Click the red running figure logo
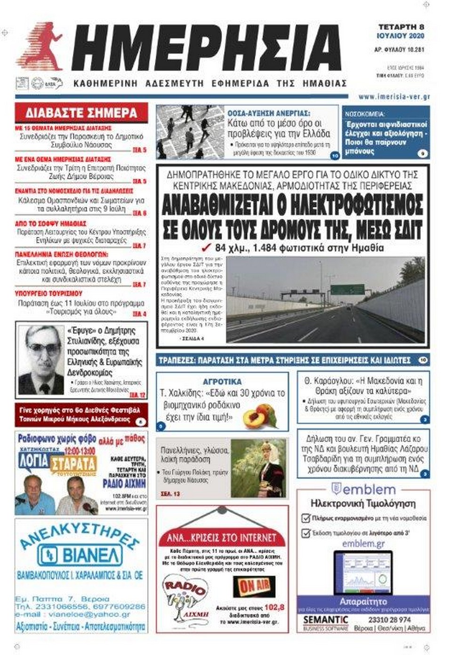tap(41, 47)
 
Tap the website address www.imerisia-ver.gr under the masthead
tap(394, 97)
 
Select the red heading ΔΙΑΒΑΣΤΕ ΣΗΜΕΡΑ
tap(81, 113)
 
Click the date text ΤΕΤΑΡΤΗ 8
tap(401, 27)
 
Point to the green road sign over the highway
tap(347, 289)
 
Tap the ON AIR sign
tap(254, 586)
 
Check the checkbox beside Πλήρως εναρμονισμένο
tap(305, 518)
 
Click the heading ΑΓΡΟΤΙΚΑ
tap(222, 381)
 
